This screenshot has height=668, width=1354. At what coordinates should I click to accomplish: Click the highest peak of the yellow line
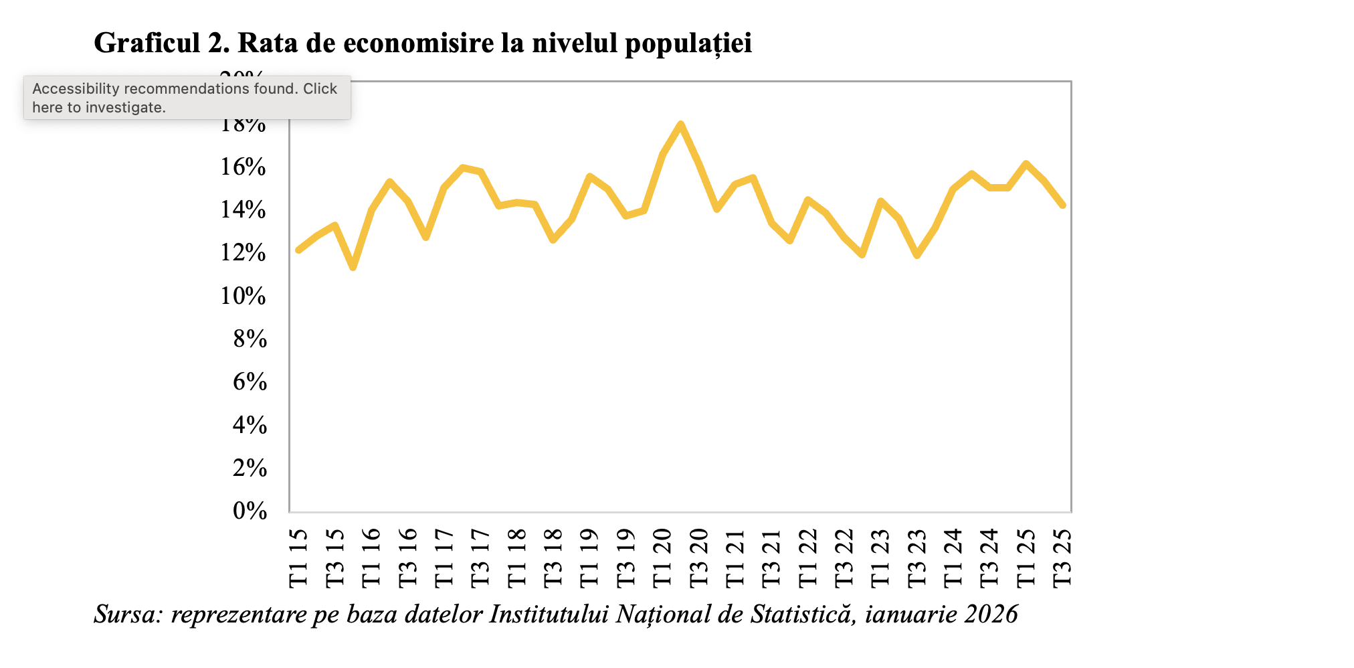680,124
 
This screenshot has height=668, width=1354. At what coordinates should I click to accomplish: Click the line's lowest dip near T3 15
353,268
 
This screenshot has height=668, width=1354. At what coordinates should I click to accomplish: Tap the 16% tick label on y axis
244,167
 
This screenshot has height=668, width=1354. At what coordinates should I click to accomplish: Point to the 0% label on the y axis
250,511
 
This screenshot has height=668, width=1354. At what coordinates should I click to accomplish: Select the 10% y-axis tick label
244,296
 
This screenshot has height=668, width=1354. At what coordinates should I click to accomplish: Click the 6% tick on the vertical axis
250,382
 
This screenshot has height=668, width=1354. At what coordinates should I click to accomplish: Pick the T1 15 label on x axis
298,558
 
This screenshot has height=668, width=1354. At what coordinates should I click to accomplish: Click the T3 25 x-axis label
1062,558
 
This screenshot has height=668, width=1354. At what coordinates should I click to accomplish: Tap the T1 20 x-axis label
662,558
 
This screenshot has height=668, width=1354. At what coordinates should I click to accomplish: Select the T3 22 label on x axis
844,558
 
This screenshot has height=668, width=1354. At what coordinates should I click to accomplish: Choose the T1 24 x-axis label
953,558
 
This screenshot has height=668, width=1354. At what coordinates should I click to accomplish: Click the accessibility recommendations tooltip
187,98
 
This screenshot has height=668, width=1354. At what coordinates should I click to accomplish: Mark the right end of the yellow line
1062,205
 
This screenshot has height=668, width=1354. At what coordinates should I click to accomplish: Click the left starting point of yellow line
298,250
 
